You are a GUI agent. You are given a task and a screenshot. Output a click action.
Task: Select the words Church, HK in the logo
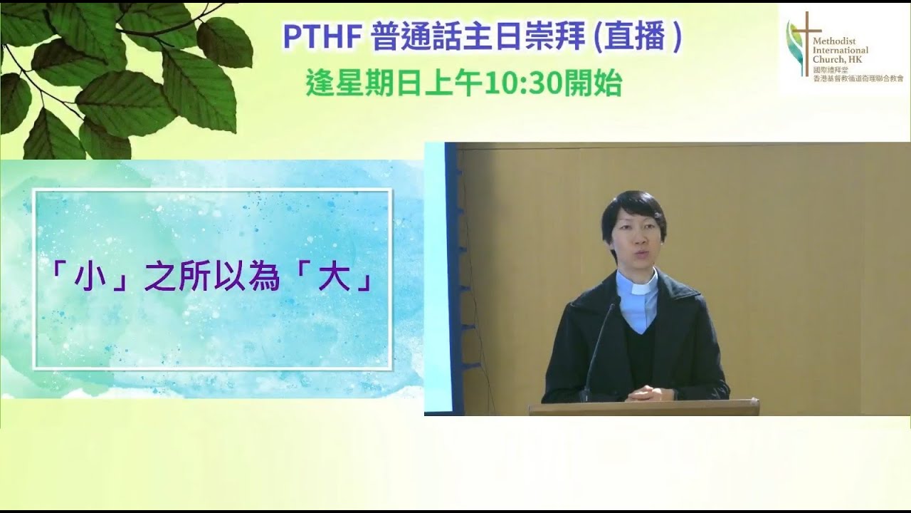point(838,59)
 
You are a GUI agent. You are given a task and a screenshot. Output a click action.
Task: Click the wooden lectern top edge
point(643,403)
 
